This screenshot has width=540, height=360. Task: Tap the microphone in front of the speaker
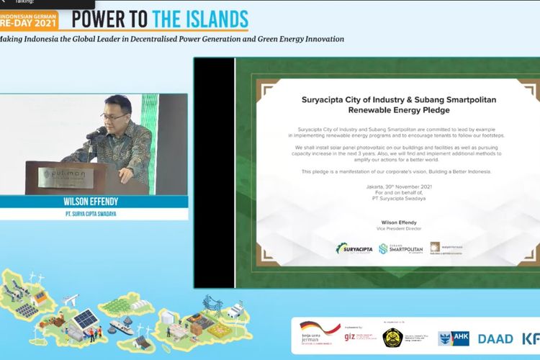coord(96,134)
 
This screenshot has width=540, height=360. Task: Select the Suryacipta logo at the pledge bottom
coord(354,248)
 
